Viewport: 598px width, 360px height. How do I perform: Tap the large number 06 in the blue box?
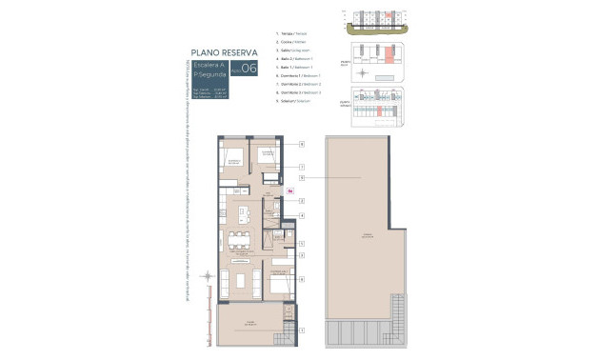pos(249,68)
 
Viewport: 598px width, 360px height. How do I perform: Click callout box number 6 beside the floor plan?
pos(301,144)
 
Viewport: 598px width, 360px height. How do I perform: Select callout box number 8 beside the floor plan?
pos(301,279)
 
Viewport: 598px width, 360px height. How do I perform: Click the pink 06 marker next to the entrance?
pos(289,190)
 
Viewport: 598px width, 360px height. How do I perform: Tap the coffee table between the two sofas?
pos(242,281)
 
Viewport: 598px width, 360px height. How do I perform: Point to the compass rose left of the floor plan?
pos(209,277)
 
